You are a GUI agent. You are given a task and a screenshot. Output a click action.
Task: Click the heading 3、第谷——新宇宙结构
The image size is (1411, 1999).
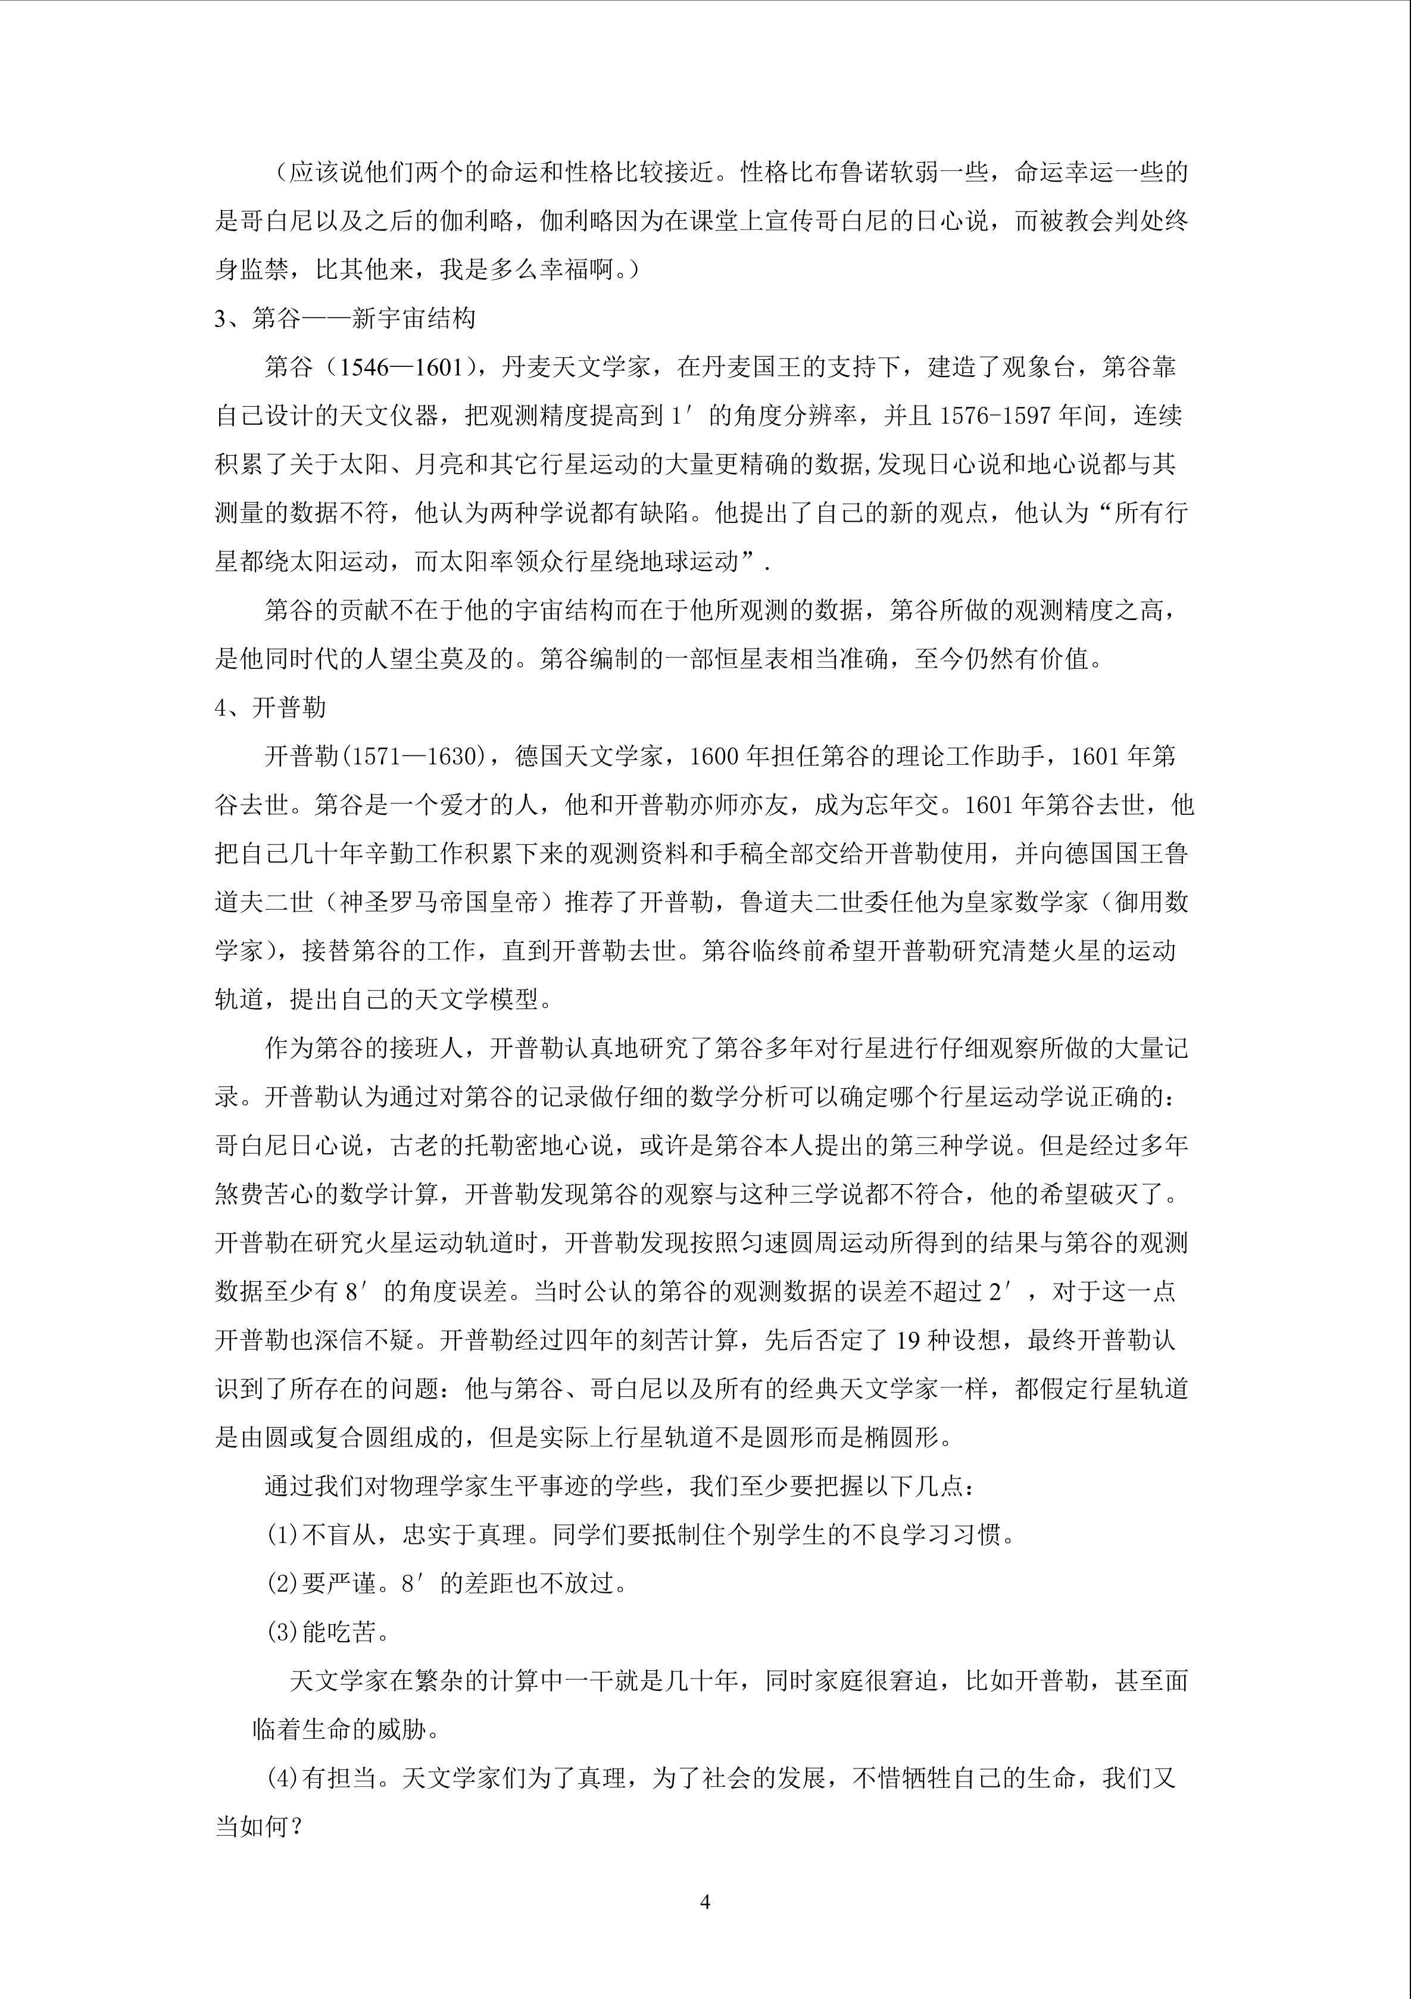click(345, 319)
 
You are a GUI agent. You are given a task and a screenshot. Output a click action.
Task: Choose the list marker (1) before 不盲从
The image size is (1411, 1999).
click(283, 1535)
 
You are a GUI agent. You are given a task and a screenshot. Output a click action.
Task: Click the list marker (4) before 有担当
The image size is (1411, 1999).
click(283, 1779)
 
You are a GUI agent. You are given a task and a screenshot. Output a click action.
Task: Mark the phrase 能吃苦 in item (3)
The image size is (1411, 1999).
click(339, 1633)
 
